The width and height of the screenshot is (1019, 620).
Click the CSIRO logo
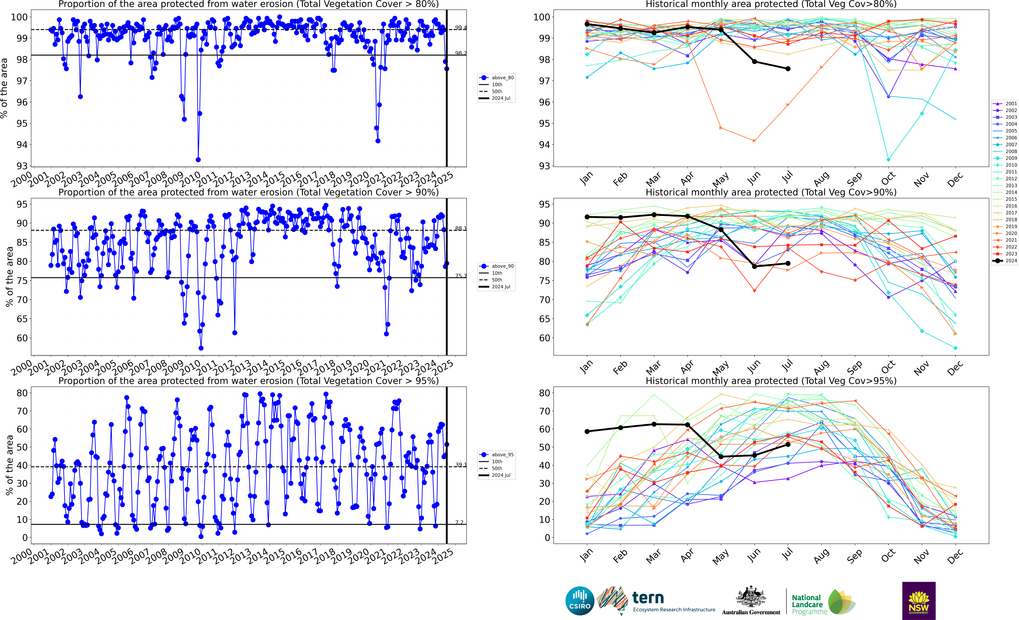click(580, 601)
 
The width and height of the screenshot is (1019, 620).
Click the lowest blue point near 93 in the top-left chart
click(198, 160)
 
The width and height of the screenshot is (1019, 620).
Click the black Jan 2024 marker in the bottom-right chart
click(587, 432)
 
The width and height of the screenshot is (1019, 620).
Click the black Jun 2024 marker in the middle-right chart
click(754, 267)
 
